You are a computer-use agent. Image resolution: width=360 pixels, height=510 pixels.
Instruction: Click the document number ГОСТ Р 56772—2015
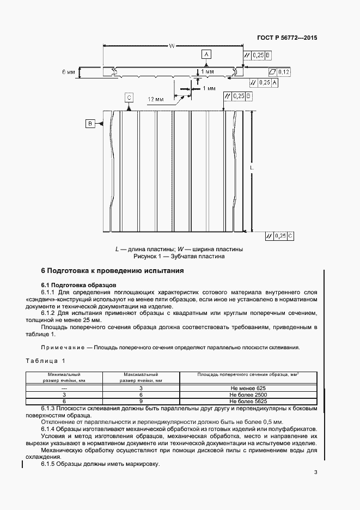pyautogui.click(x=286, y=38)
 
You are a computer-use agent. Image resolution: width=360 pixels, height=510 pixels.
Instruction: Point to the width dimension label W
pyautogui.click(x=171, y=46)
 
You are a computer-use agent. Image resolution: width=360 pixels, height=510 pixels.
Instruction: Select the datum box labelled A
pyautogui.click(x=206, y=54)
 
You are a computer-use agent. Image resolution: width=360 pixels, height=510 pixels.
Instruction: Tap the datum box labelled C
pyautogui.click(x=129, y=97)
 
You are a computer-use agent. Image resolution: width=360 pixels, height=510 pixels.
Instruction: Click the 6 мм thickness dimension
pyautogui.click(x=68, y=72)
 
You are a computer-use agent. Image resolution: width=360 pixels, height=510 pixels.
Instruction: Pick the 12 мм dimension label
pyautogui.click(x=156, y=100)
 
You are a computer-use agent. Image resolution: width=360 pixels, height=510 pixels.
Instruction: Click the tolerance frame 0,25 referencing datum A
pyautogui.click(x=264, y=82)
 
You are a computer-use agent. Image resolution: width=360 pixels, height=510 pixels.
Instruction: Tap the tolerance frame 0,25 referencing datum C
pyautogui.click(x=279, y=235)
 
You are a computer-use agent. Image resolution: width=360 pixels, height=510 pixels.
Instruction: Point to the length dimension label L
pyautogui.click(x=252, y=169)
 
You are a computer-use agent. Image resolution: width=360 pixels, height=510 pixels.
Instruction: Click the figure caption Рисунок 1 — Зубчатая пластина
pyautogui.click(x=179, y=256)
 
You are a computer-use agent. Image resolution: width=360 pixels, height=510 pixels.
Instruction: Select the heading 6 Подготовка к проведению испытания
pyautogui.click(x=113, y=270)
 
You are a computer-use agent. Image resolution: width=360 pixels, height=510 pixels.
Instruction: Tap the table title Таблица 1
pyautogui.click(x=45, y=361)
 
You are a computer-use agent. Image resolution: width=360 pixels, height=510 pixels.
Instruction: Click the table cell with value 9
pyautogui.click(x=141, y=400)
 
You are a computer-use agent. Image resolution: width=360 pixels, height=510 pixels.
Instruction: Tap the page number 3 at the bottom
pyautogui.click(x=315, y=472)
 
